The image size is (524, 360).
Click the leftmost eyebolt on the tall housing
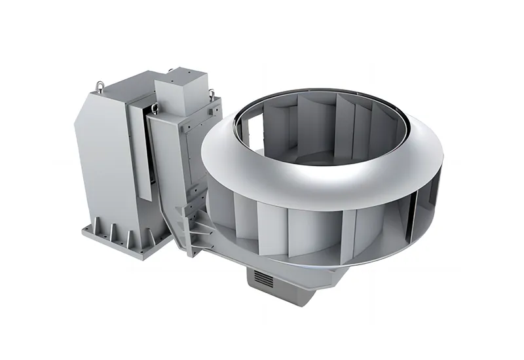tap(100, 84)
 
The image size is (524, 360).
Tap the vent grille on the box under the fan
tap(263, 281)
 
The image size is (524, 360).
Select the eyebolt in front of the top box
tap(155, 109)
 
